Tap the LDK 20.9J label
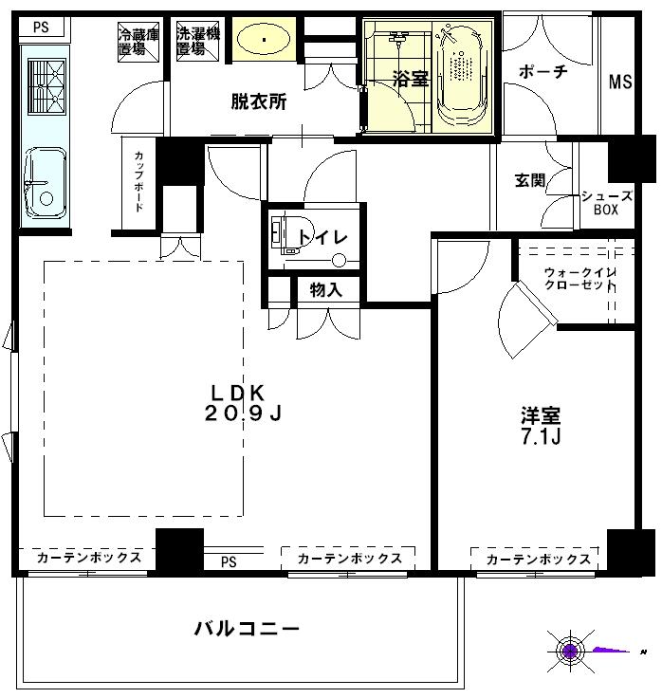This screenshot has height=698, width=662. tap(244, 403)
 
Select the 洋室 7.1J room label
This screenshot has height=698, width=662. tap(540, 426)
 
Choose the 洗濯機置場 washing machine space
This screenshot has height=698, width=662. tap(198, 42)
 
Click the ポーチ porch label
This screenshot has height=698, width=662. tap(543, 71)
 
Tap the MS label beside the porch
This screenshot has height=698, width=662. tap(620, 82)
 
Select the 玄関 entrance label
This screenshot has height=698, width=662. tap(529, 181)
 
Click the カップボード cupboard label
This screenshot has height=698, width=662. tap(139, 181)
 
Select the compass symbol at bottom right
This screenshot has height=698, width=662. tap(570, 651)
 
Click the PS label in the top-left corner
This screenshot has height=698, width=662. tap(41, 28)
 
